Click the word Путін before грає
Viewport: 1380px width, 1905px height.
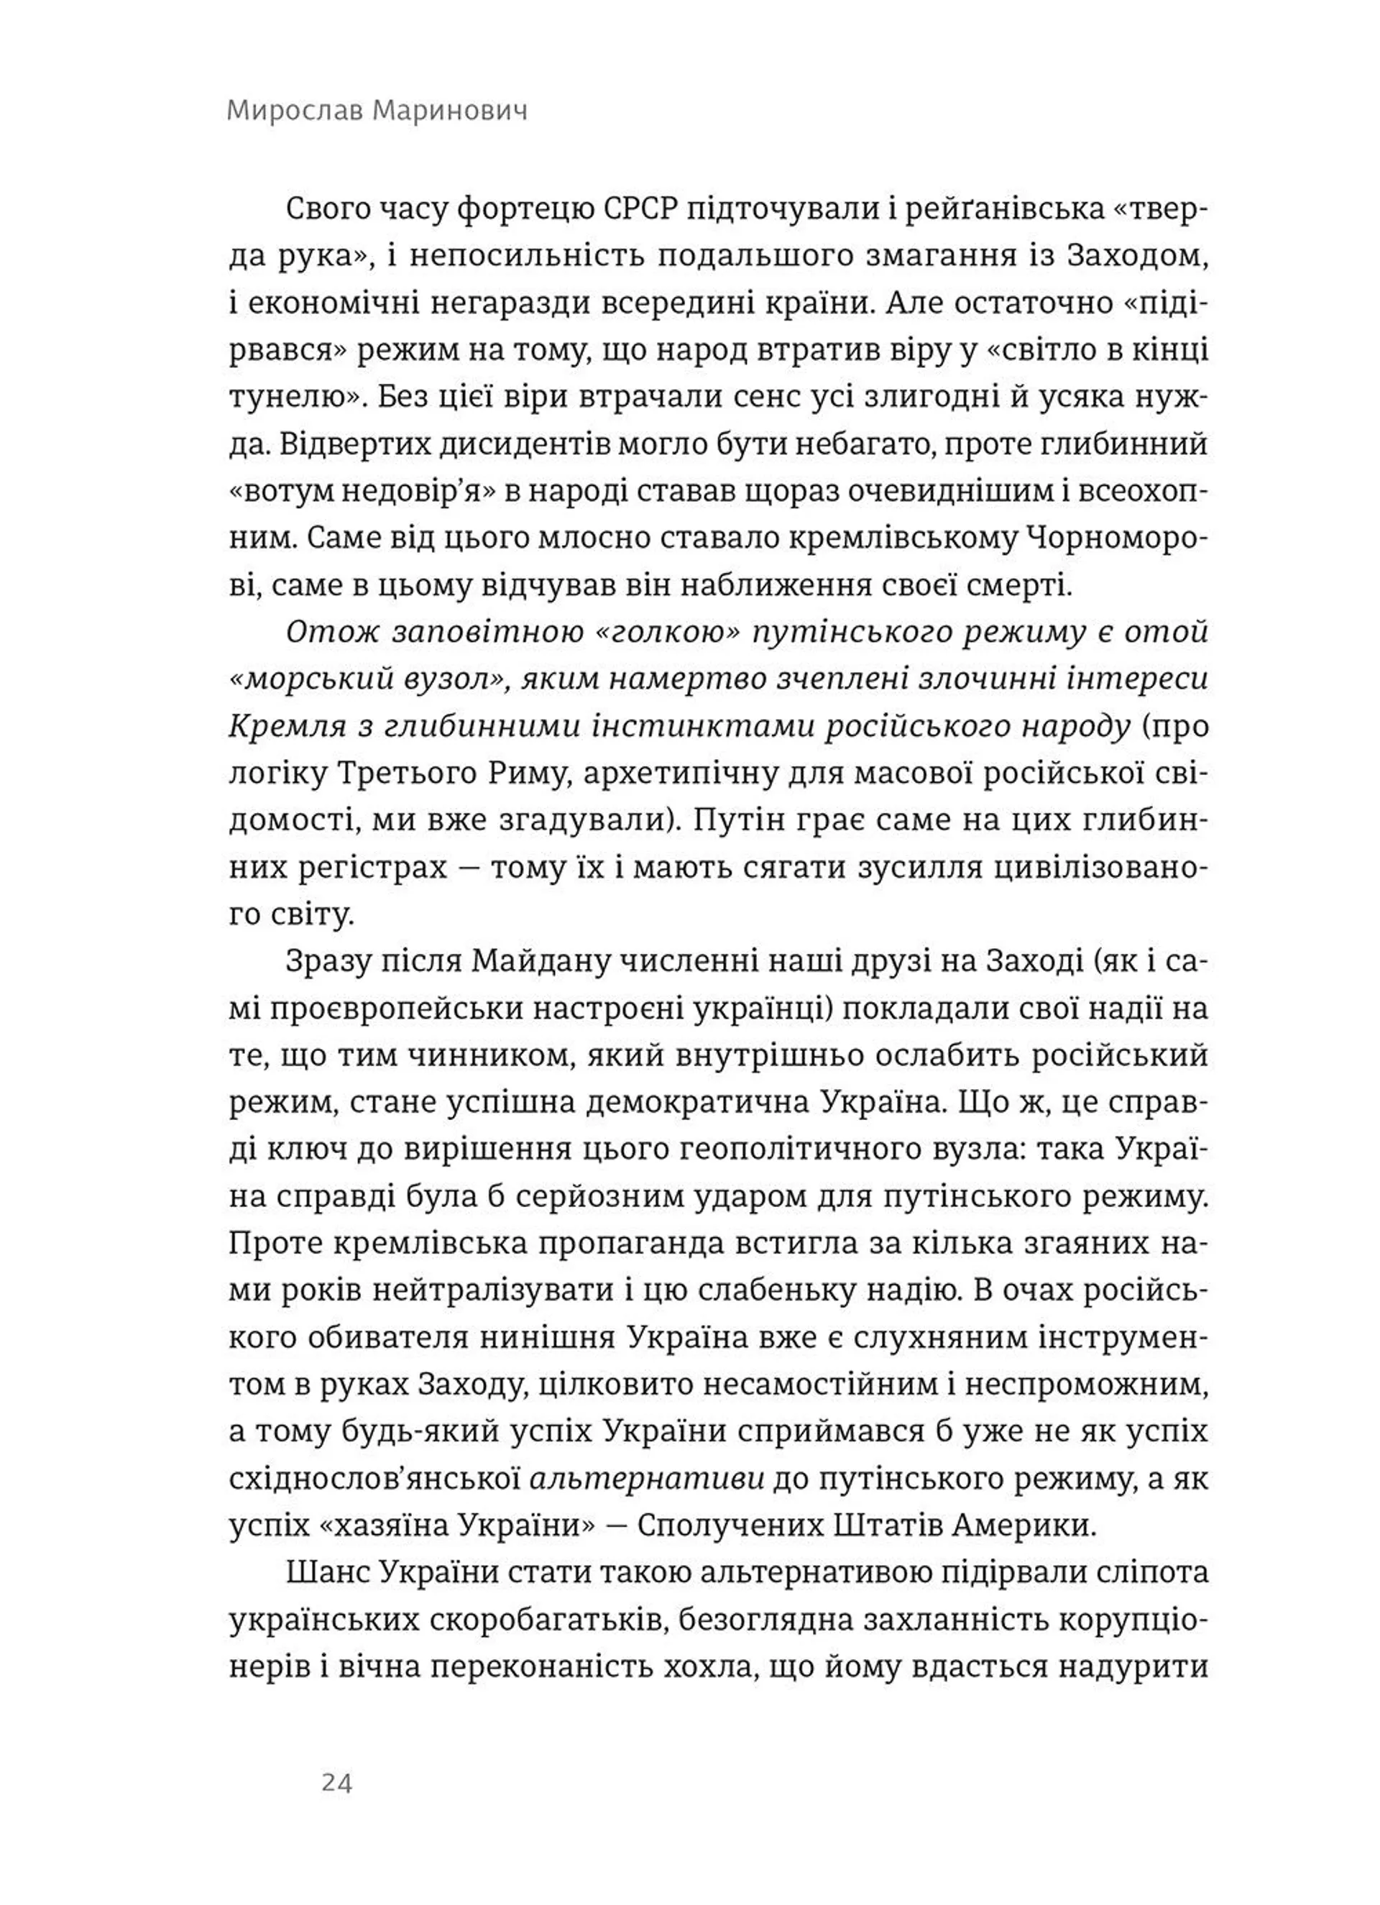click(x=731, y=821)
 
